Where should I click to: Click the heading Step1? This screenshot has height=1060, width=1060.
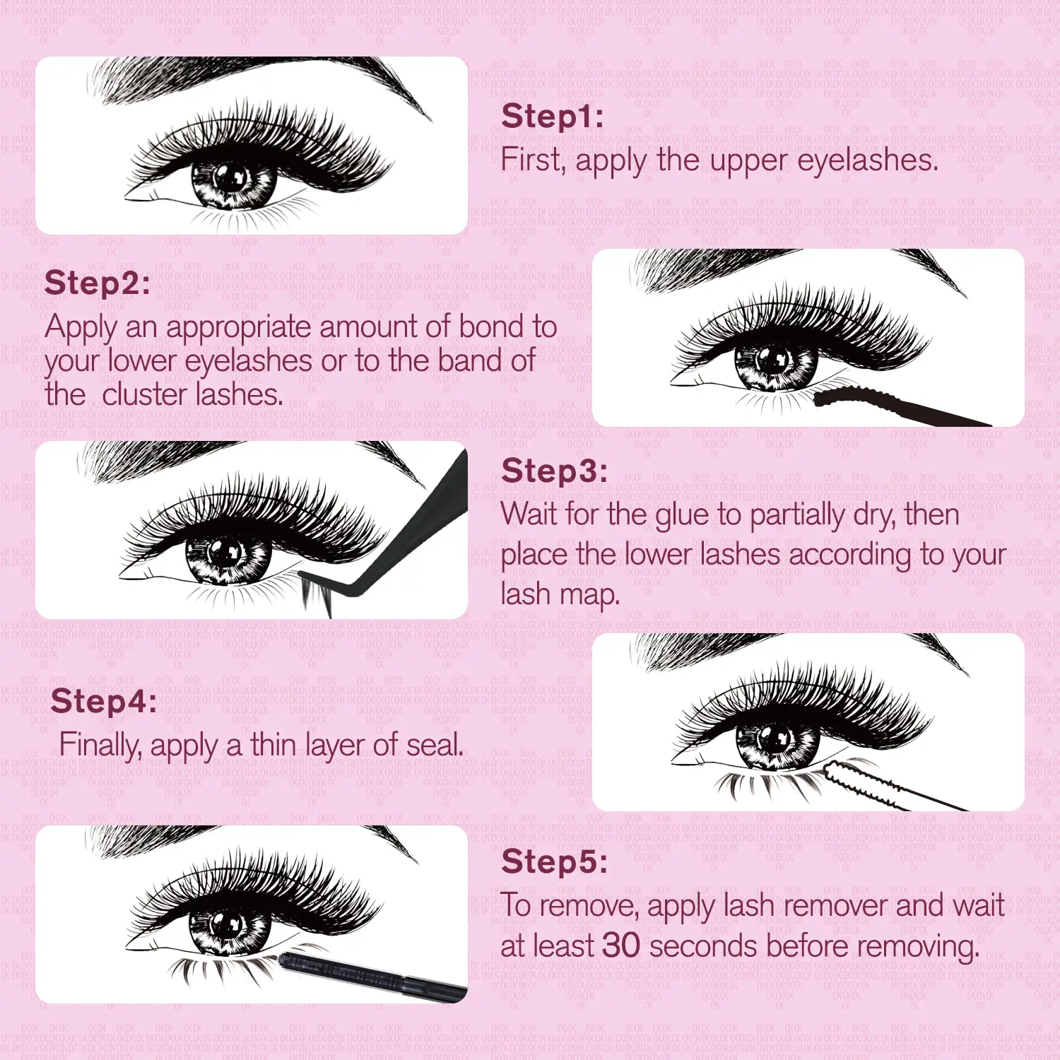553,117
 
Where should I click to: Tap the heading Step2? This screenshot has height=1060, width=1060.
98,283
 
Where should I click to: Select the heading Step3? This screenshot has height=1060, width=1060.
554,471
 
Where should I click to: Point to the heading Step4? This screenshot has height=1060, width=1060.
104,702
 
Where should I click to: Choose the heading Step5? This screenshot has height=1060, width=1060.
554,862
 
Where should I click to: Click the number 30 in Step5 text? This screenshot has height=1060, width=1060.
621,946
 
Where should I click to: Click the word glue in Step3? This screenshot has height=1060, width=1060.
682,516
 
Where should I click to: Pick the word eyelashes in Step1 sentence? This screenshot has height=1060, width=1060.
868,161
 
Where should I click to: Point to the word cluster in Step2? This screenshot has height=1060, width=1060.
145,394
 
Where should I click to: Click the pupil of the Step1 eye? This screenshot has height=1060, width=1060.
230,177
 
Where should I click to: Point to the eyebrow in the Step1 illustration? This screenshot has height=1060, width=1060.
261,81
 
